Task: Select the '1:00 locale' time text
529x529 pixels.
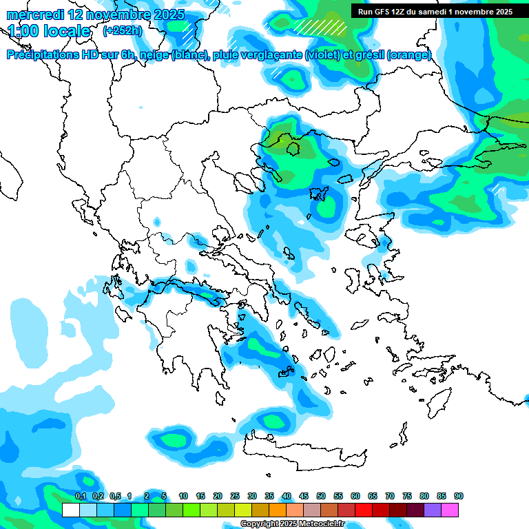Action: [x=49, y=31]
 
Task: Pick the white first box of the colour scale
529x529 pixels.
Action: [x=71, y=510]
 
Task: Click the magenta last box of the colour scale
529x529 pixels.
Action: [x=450, y=510]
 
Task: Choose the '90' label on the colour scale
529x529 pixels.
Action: [x=459, y=496]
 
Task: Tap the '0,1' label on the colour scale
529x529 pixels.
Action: [x=81, y=496]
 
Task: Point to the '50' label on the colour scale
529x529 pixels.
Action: [x=321, y=496]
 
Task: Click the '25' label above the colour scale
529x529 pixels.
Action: [x=235, y=496]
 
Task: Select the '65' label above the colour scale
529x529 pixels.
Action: [x=373, y=496]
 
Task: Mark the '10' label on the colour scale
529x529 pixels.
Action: [x=183, y=496]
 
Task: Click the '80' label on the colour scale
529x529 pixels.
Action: [x=424, y=496]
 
